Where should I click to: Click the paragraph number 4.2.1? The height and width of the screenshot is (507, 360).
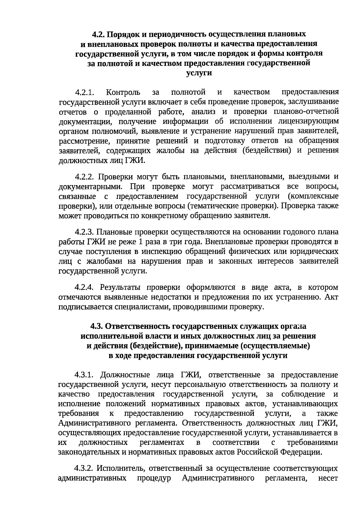[85, 92]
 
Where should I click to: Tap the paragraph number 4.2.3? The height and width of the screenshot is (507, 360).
[85, 232]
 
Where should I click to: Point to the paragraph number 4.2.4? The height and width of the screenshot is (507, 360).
[85, 288]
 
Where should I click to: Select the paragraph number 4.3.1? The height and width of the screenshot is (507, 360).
[85, 375]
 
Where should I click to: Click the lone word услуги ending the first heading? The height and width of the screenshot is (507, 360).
[199, 73]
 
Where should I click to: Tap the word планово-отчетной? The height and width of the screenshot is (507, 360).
[306, 112]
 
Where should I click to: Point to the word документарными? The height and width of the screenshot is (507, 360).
[91, 186]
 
